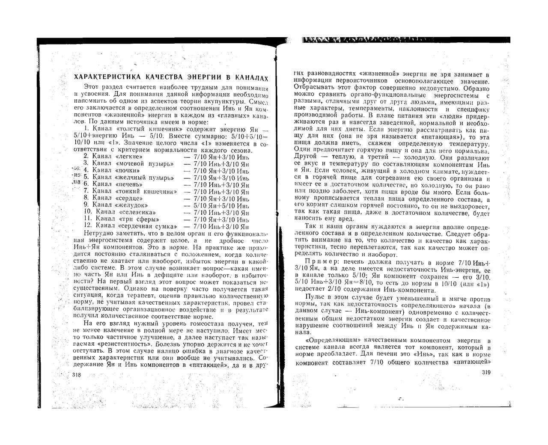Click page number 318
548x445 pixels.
tap(77, 375)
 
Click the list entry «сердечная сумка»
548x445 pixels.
tap(146, 225)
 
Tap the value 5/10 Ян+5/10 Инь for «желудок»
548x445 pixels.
tap(221, 205)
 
